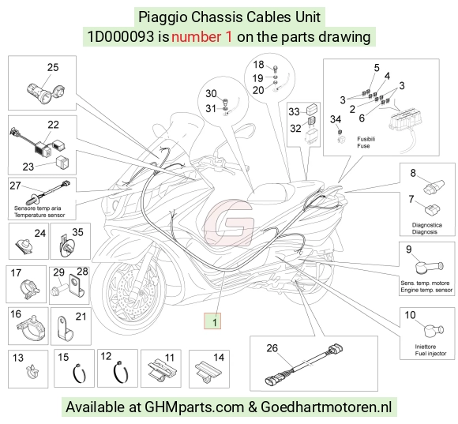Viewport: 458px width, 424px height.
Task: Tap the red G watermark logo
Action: (x=228, y=222)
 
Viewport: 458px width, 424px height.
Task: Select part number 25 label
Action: (x=53, y=67)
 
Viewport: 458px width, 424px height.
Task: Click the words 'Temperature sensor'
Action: (x=39, y=216)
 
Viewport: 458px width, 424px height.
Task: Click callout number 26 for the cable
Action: (x=272, y=348)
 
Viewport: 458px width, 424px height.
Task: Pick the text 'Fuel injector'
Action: (x=431, y=354)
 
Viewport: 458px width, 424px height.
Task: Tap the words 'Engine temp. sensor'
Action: (x=426, y=291)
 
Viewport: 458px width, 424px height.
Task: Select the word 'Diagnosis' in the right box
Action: (x=425, y=232)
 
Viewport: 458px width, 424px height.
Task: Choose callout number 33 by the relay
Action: (x=294, y=111)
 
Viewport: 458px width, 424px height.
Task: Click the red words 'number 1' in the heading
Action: (x=201, y=37)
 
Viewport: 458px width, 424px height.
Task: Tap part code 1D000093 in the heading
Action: (x=121, y=37)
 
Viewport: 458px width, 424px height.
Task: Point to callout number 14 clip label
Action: (x=219, y=358)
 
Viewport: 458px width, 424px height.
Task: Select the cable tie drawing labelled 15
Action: (x=79, y=373)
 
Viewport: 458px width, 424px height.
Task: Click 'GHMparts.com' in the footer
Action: (x=194, y=407)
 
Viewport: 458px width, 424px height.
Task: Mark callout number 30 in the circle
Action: (x=211, y=94)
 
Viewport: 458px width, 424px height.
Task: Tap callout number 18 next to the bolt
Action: (x=258, y=65)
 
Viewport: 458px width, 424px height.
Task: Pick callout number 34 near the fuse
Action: (x=336, y=119)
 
